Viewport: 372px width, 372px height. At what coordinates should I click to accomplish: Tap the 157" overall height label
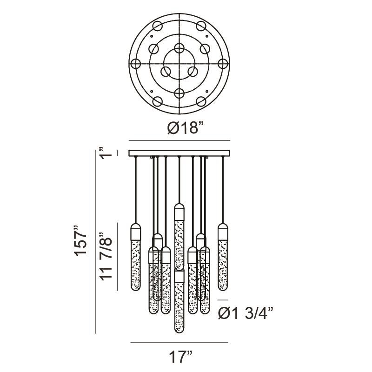tap(81, 240)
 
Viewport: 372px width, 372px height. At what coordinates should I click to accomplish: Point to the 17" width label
tap(180, 357)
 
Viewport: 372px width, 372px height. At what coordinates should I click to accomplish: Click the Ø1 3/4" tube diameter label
tap(246, 314)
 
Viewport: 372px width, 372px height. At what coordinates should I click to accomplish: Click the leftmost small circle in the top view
tap(136, 64)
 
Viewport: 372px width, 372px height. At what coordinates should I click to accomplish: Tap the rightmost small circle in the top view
tap(223, 64)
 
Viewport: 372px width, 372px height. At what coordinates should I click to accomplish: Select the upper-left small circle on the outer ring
tap(157, 26)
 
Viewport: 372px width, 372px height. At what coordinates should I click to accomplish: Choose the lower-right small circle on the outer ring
tap(201, 101)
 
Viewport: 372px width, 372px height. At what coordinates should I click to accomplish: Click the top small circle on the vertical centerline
tap(179, 48)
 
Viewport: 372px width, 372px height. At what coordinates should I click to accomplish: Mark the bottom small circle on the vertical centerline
tap(179, 93)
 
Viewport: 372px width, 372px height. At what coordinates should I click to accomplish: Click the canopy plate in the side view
tap(179, 153)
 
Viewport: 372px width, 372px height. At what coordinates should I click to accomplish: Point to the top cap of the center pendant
tap(179, 212)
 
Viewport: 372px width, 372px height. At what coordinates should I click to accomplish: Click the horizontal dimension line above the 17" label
tap(179, 343)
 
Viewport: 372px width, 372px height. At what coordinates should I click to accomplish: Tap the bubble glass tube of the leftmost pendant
tap(136, 265)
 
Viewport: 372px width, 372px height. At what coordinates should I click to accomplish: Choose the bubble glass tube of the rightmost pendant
tap(223, 265)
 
